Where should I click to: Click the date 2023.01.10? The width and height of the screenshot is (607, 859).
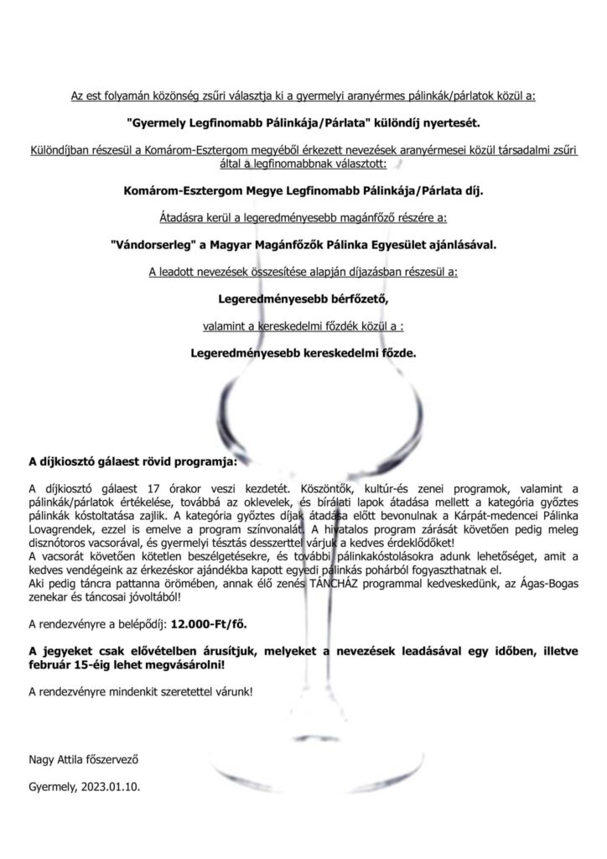(117, 789)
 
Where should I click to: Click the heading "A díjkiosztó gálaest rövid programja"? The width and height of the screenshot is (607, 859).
(132, 461)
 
